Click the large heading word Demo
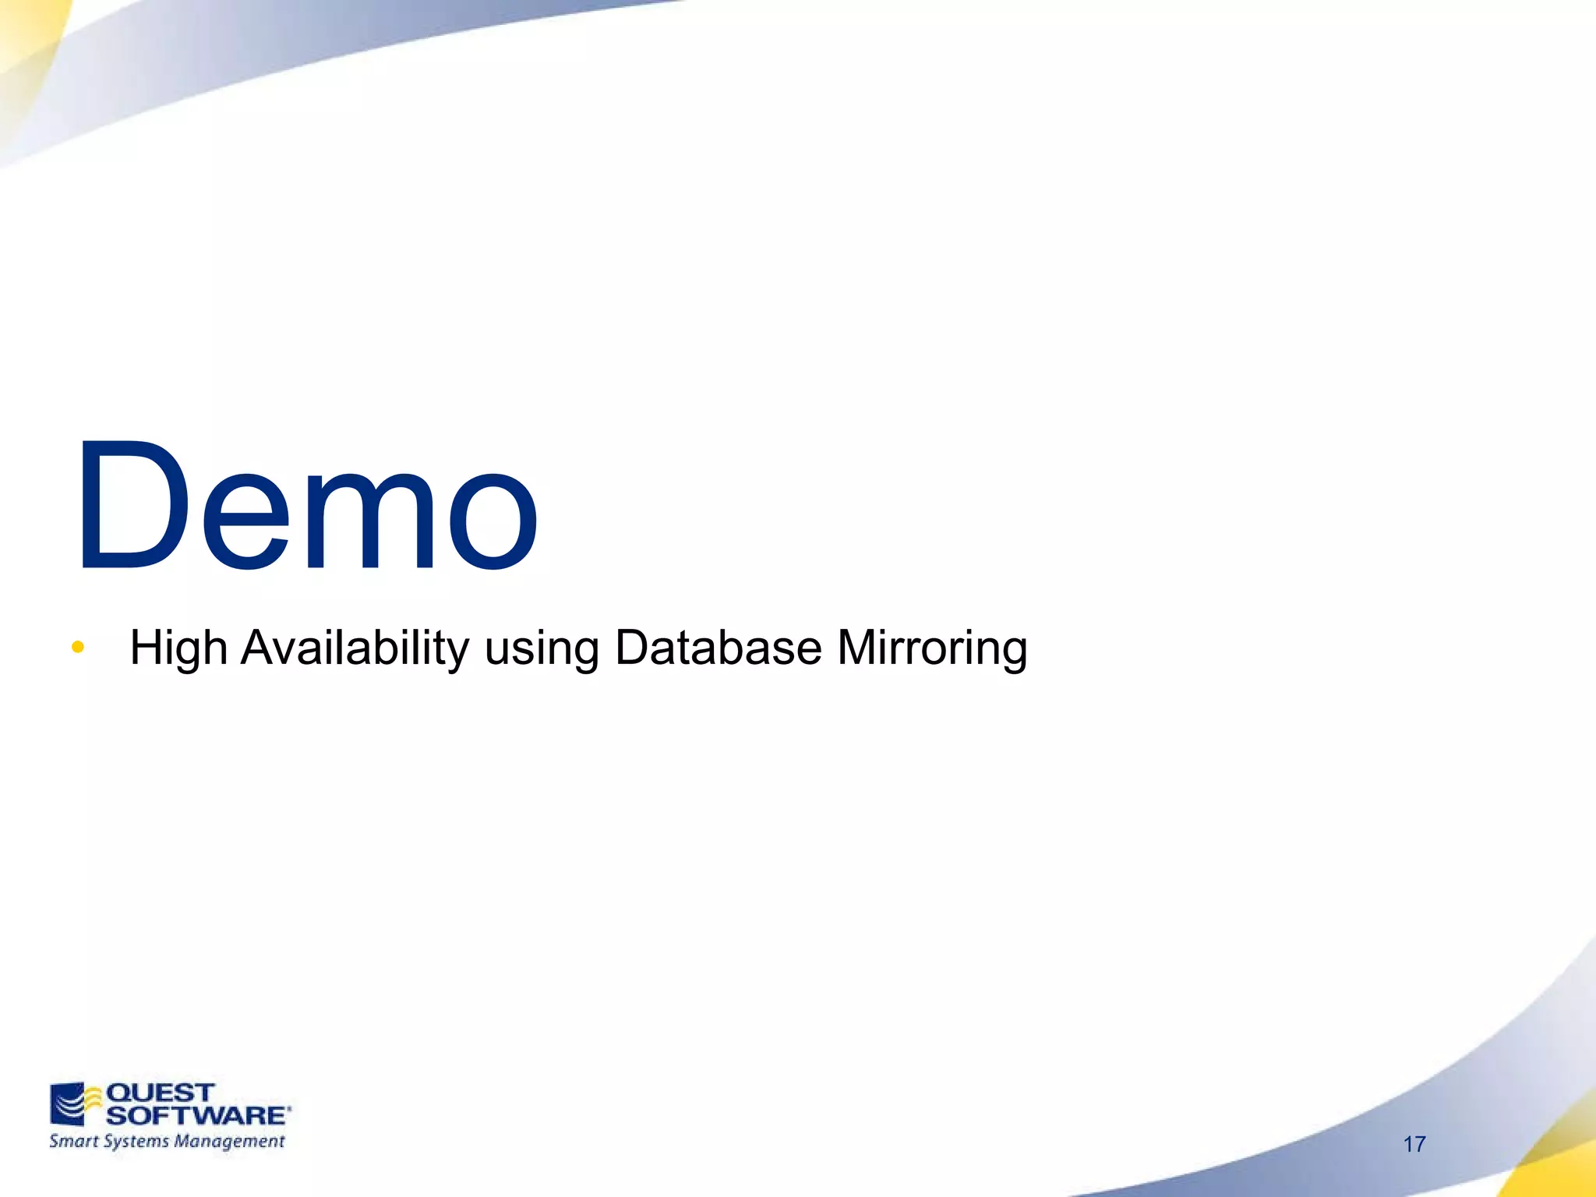[305, 507]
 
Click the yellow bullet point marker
[77, 647]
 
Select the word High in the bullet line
[178, 648]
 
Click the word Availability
[355, 648]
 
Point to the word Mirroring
[932, 648]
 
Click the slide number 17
[1414, 1144]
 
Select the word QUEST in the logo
[160, 1093]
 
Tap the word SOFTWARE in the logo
[196, 1115]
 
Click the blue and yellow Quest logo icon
[76, 1103]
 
